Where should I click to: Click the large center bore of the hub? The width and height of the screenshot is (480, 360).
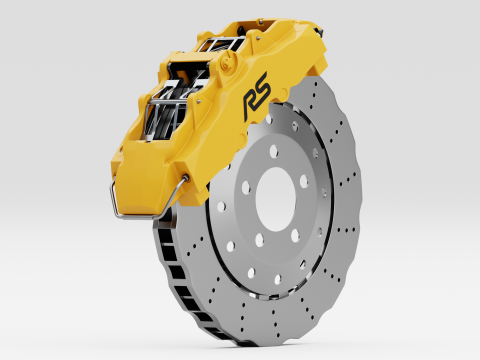tap(275, 199)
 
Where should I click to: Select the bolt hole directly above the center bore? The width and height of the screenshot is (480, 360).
tap(274, 151)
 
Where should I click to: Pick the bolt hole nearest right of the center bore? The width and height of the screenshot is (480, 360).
tap(303, 181)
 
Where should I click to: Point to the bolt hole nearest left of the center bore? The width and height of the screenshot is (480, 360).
tap(246, 187)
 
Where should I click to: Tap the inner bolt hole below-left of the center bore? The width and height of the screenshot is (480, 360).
tap(259, 240)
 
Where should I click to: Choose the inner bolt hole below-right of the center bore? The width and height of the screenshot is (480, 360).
tap(295, 236)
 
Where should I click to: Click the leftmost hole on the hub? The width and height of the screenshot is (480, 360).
tap(221, 206)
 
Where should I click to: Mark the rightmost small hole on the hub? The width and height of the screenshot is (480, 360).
tap(324, 192)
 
